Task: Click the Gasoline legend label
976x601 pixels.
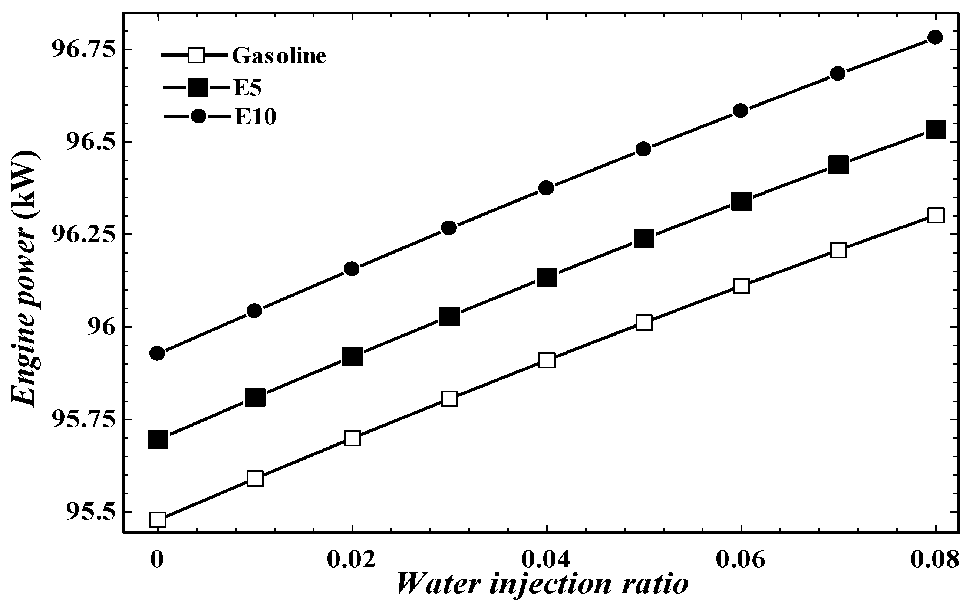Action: tap(279, 56)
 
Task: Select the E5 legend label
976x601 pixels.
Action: tap(247, 88)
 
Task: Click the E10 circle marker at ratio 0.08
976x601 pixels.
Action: tap(935, 37)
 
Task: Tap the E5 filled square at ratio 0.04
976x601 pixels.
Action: tap(547, 277)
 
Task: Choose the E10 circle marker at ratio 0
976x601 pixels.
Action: tap(157, 353)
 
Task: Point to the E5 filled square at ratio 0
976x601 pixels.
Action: tap(158, 440)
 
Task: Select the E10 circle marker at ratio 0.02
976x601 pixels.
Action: tap(352, 269)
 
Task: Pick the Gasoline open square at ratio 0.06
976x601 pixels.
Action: tap(741, 286)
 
